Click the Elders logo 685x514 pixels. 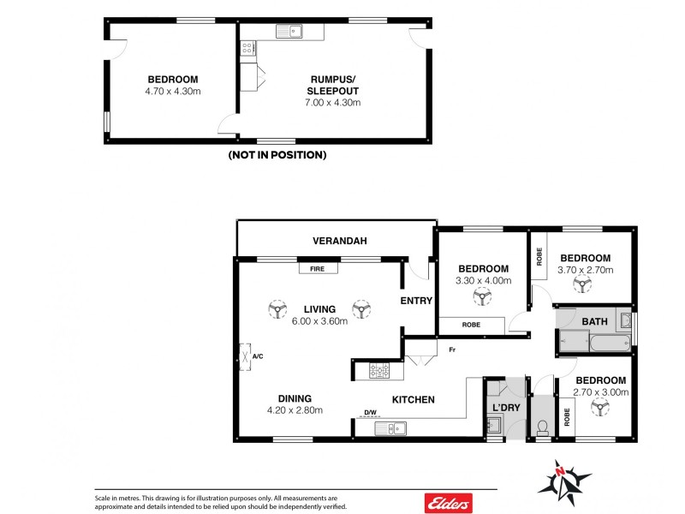click(444, 500)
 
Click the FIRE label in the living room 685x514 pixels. click(318, 268)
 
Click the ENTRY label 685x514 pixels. click(417, 301)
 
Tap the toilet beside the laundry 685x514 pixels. click(542, 426)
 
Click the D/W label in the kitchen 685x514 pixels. click(370, 413)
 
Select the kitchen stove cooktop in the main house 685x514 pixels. click(378, 371)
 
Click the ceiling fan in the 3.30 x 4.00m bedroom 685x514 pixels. click(482, 298)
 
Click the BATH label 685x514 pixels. click(594, 321)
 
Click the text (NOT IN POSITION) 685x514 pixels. click(277, 155)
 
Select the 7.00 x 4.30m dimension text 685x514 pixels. click(334, 102)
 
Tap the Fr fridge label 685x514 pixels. click(450, 350)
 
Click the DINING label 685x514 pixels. click(294, 398)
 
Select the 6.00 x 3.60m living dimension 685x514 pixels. click(319, 321)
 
